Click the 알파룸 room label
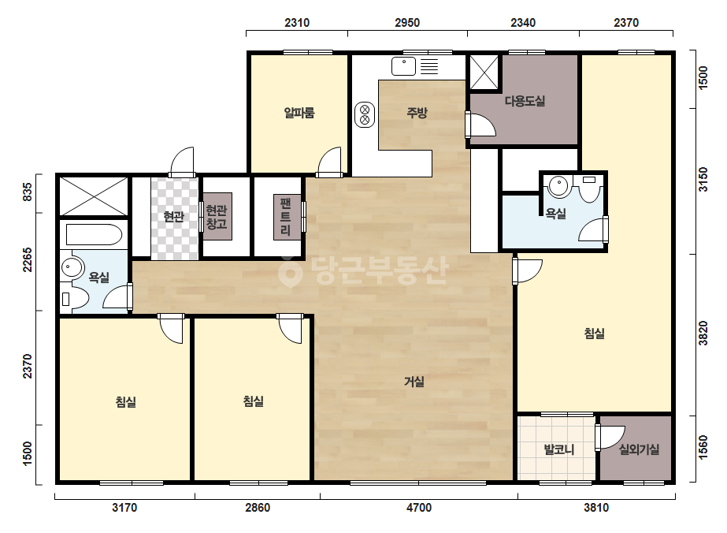299,113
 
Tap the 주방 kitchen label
417,113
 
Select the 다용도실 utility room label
525,101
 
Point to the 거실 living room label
414,382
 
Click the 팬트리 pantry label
286,216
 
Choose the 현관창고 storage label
217,217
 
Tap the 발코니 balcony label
558,449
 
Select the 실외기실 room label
639,449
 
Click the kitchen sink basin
403,66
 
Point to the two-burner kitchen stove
365,115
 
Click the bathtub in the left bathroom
94,234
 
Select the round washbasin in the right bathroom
558,187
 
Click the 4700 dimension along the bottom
419,508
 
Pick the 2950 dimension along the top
407,22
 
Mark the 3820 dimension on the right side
703,333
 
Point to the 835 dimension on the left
28,192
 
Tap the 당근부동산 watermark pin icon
291,271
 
